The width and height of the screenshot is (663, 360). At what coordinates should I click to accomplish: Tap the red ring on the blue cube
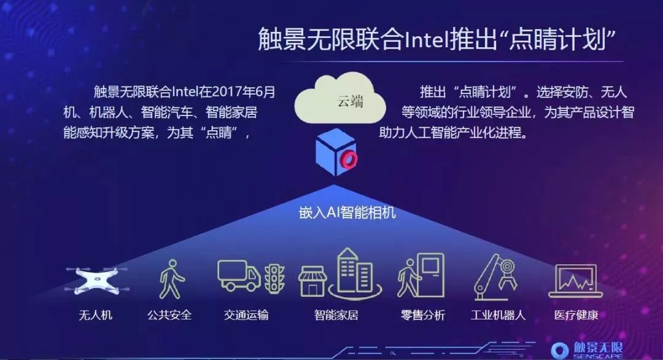point(350,160)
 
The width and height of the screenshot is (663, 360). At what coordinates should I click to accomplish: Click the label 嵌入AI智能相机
point(347,213)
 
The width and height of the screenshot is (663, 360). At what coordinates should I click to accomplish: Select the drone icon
point(96,280)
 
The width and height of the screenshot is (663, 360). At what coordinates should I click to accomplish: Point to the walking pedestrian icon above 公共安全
point(171,279)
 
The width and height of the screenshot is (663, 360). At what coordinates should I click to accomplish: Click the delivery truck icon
point(239,275)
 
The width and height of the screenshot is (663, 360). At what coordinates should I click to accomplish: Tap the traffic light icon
point(275,278)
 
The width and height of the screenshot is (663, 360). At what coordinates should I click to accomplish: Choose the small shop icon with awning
point(312,281)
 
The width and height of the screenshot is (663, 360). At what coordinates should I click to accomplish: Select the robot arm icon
point(496,277)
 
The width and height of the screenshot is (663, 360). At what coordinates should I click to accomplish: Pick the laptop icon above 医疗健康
point(575,281)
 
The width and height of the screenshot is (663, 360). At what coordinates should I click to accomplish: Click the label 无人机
point(96,315)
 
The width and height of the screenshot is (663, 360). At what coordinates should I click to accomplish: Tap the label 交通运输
point(246,315)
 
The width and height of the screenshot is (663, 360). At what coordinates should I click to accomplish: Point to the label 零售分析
point(423,315)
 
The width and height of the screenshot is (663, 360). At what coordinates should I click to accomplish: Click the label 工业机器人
point(498,315)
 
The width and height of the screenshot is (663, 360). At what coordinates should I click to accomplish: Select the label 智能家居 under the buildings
point(336,315)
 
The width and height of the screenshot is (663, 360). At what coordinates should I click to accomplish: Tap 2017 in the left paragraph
point(228,92)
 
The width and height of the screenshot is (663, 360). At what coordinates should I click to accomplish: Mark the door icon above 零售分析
point(430,275)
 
